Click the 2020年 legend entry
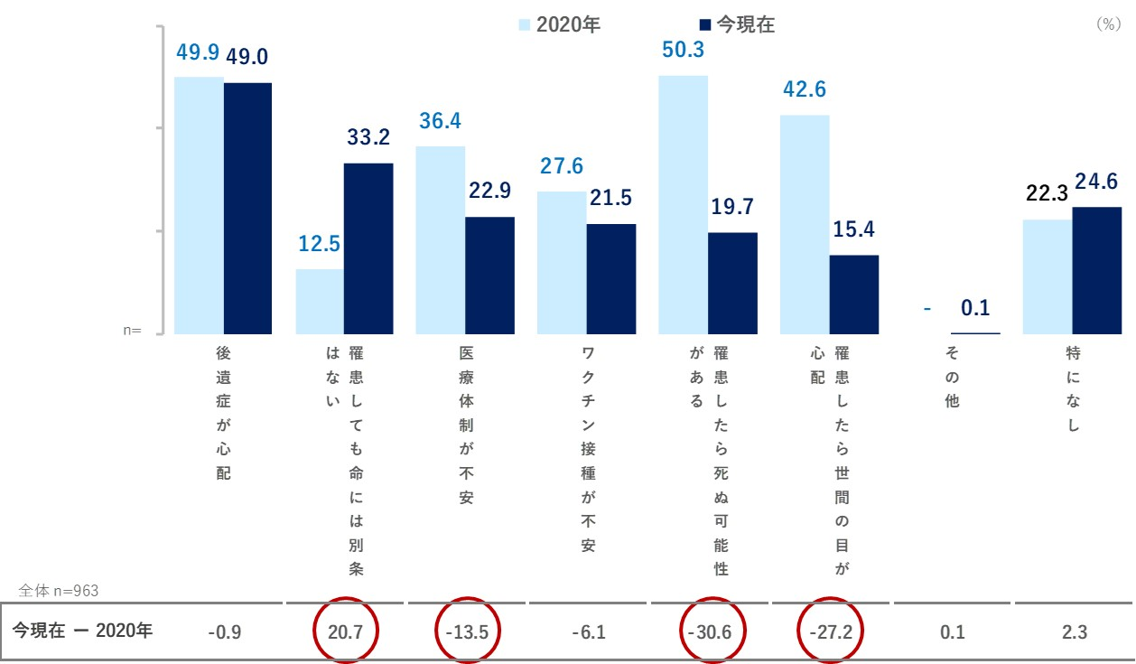(560, 25)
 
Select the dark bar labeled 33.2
(368, 248)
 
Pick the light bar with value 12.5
(320, 302)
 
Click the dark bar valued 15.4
(854, 295)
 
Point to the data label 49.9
(198, 52)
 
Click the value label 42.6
(805, 90)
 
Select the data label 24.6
(1096, 182)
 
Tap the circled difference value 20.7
(346, 632)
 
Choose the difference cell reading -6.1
(589, 632)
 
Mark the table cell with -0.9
(224, 632)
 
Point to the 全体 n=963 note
(59, 591)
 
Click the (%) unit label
(1107, 25)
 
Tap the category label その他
(952, 377)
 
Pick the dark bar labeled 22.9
(489, 276)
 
